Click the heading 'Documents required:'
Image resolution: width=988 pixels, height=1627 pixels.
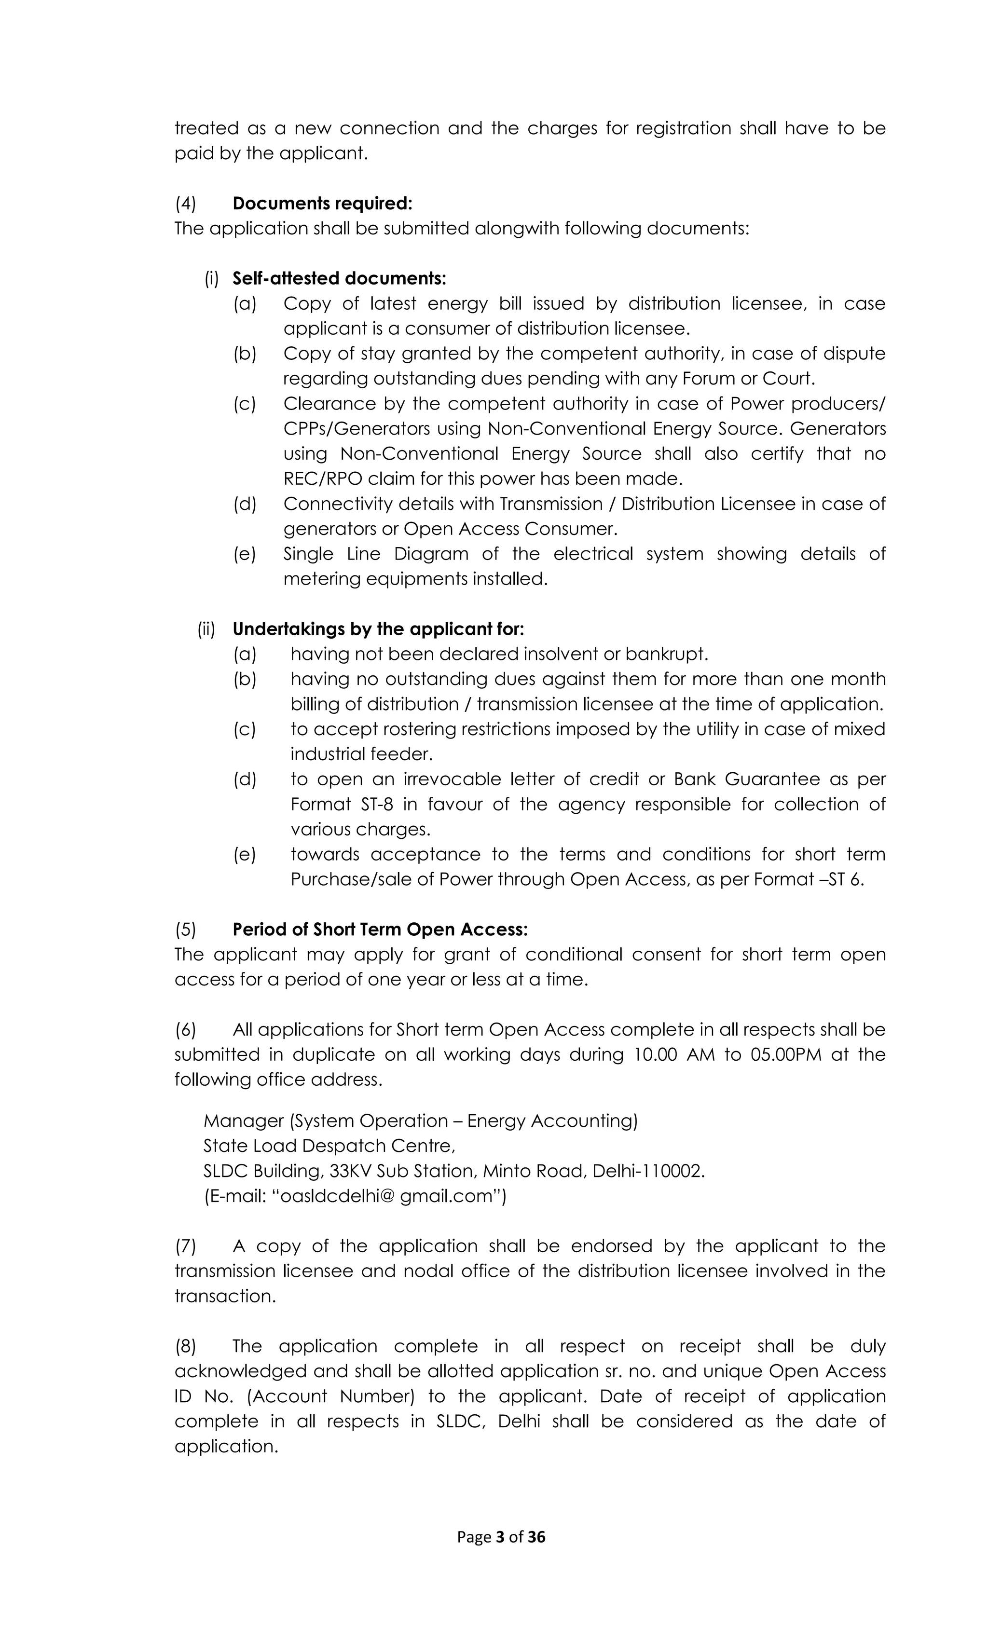pos(322,204)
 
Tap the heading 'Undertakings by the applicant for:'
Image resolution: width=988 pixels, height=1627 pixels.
pos(378,629)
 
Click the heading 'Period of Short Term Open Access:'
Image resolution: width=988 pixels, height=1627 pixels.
pos(380,929)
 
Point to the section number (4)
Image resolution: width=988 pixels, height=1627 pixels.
pos(186,204)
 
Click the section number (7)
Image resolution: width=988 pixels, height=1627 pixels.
pos(186,1246)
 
